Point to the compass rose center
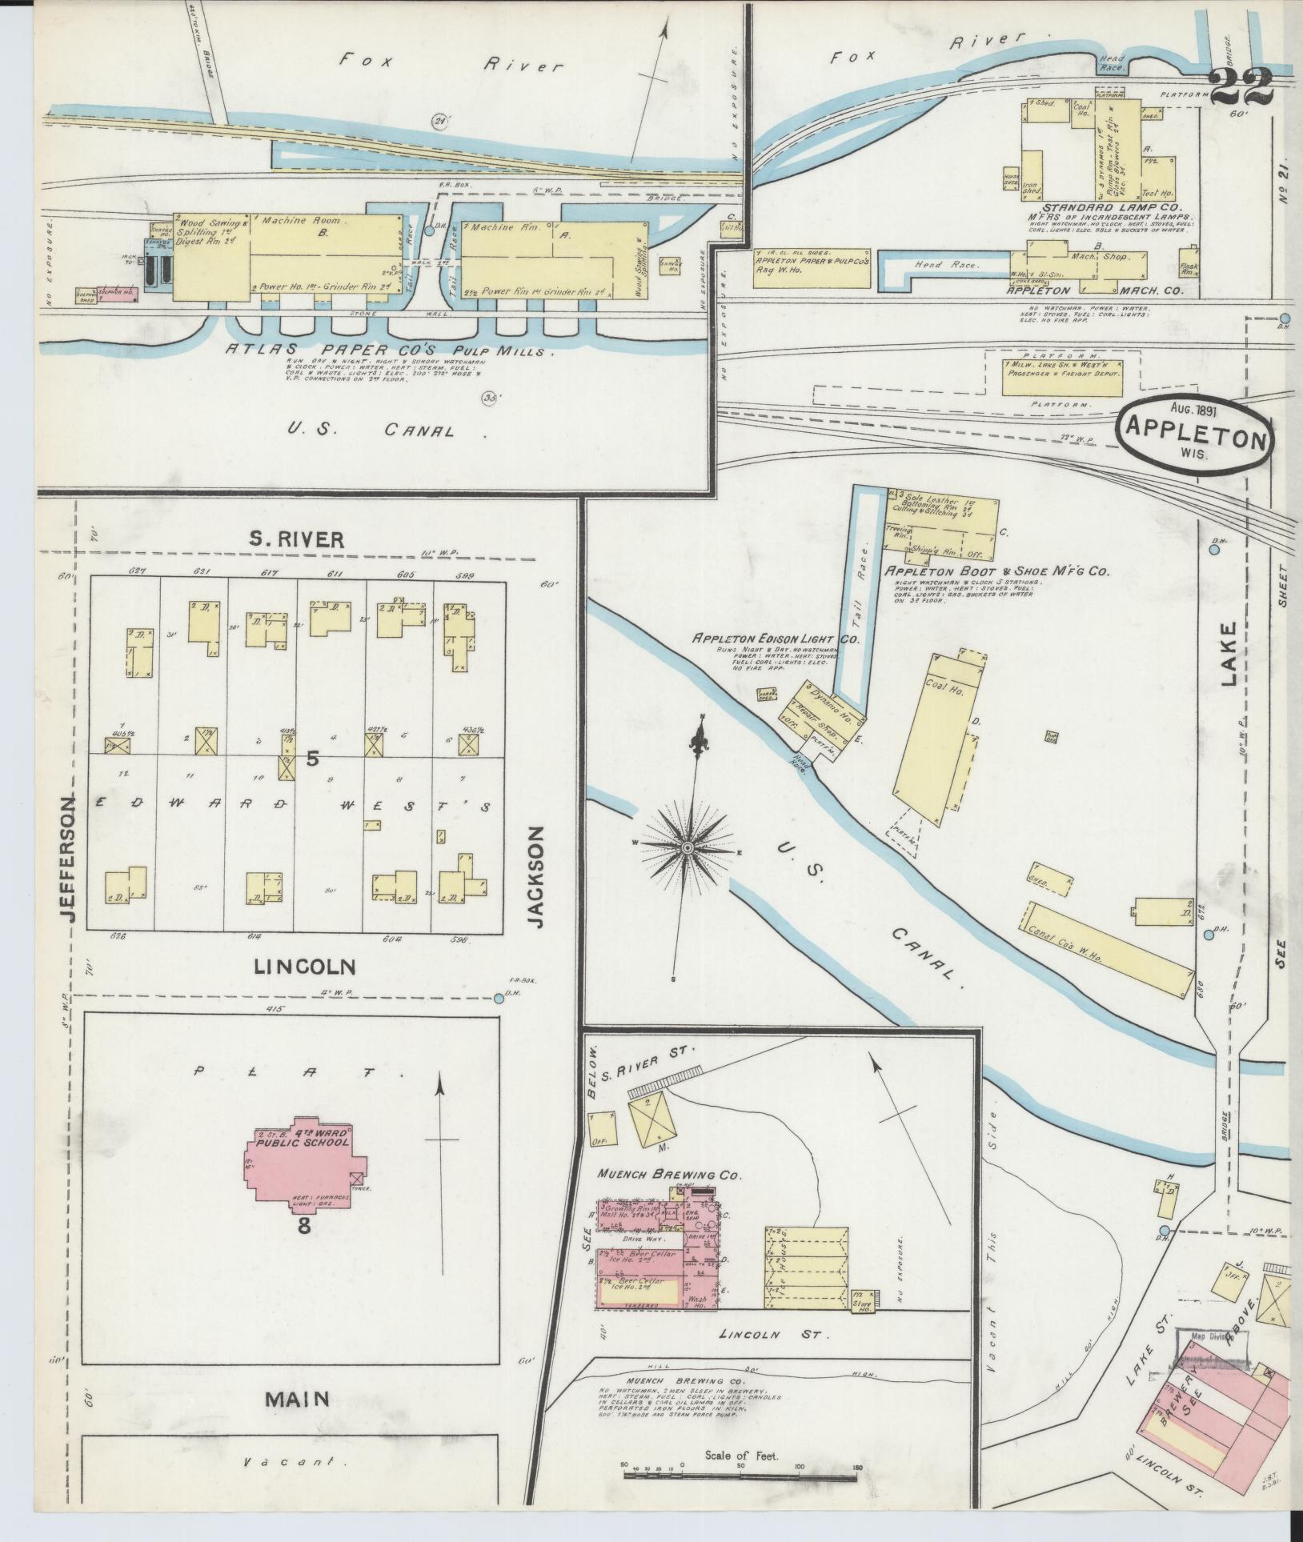[x=687, y=847]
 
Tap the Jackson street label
[x=537, y=876]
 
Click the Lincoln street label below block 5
[x=303, y=967]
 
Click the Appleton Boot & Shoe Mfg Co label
[x=996, y=571]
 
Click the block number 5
[x=313, y=759]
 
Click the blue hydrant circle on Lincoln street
[x=499, y=997]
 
